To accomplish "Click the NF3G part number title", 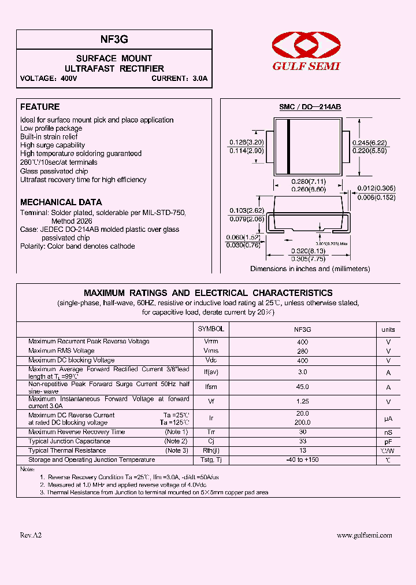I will click(114, 39).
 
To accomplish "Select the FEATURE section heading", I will click(40, 107).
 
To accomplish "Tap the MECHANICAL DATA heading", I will click(61, 202).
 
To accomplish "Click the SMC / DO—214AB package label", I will click(310, 107).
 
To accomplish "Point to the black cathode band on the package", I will click(289, 146).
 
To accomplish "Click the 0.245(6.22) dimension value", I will click(370, 142).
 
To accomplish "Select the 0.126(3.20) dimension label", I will click(247, 142).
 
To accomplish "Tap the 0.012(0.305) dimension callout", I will click(376, 188).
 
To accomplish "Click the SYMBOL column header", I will click(211, 329).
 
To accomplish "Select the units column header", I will click(388, 329).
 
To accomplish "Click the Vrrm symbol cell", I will click(211, 342).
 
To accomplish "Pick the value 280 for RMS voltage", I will click(303, 351).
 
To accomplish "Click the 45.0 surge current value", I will click(303, 387).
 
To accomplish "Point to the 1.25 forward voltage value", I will click(303, 402).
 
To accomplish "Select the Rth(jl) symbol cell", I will click(211, 451).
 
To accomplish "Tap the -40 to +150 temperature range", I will click(303, 460).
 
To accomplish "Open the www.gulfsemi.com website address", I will click(364, 536).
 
